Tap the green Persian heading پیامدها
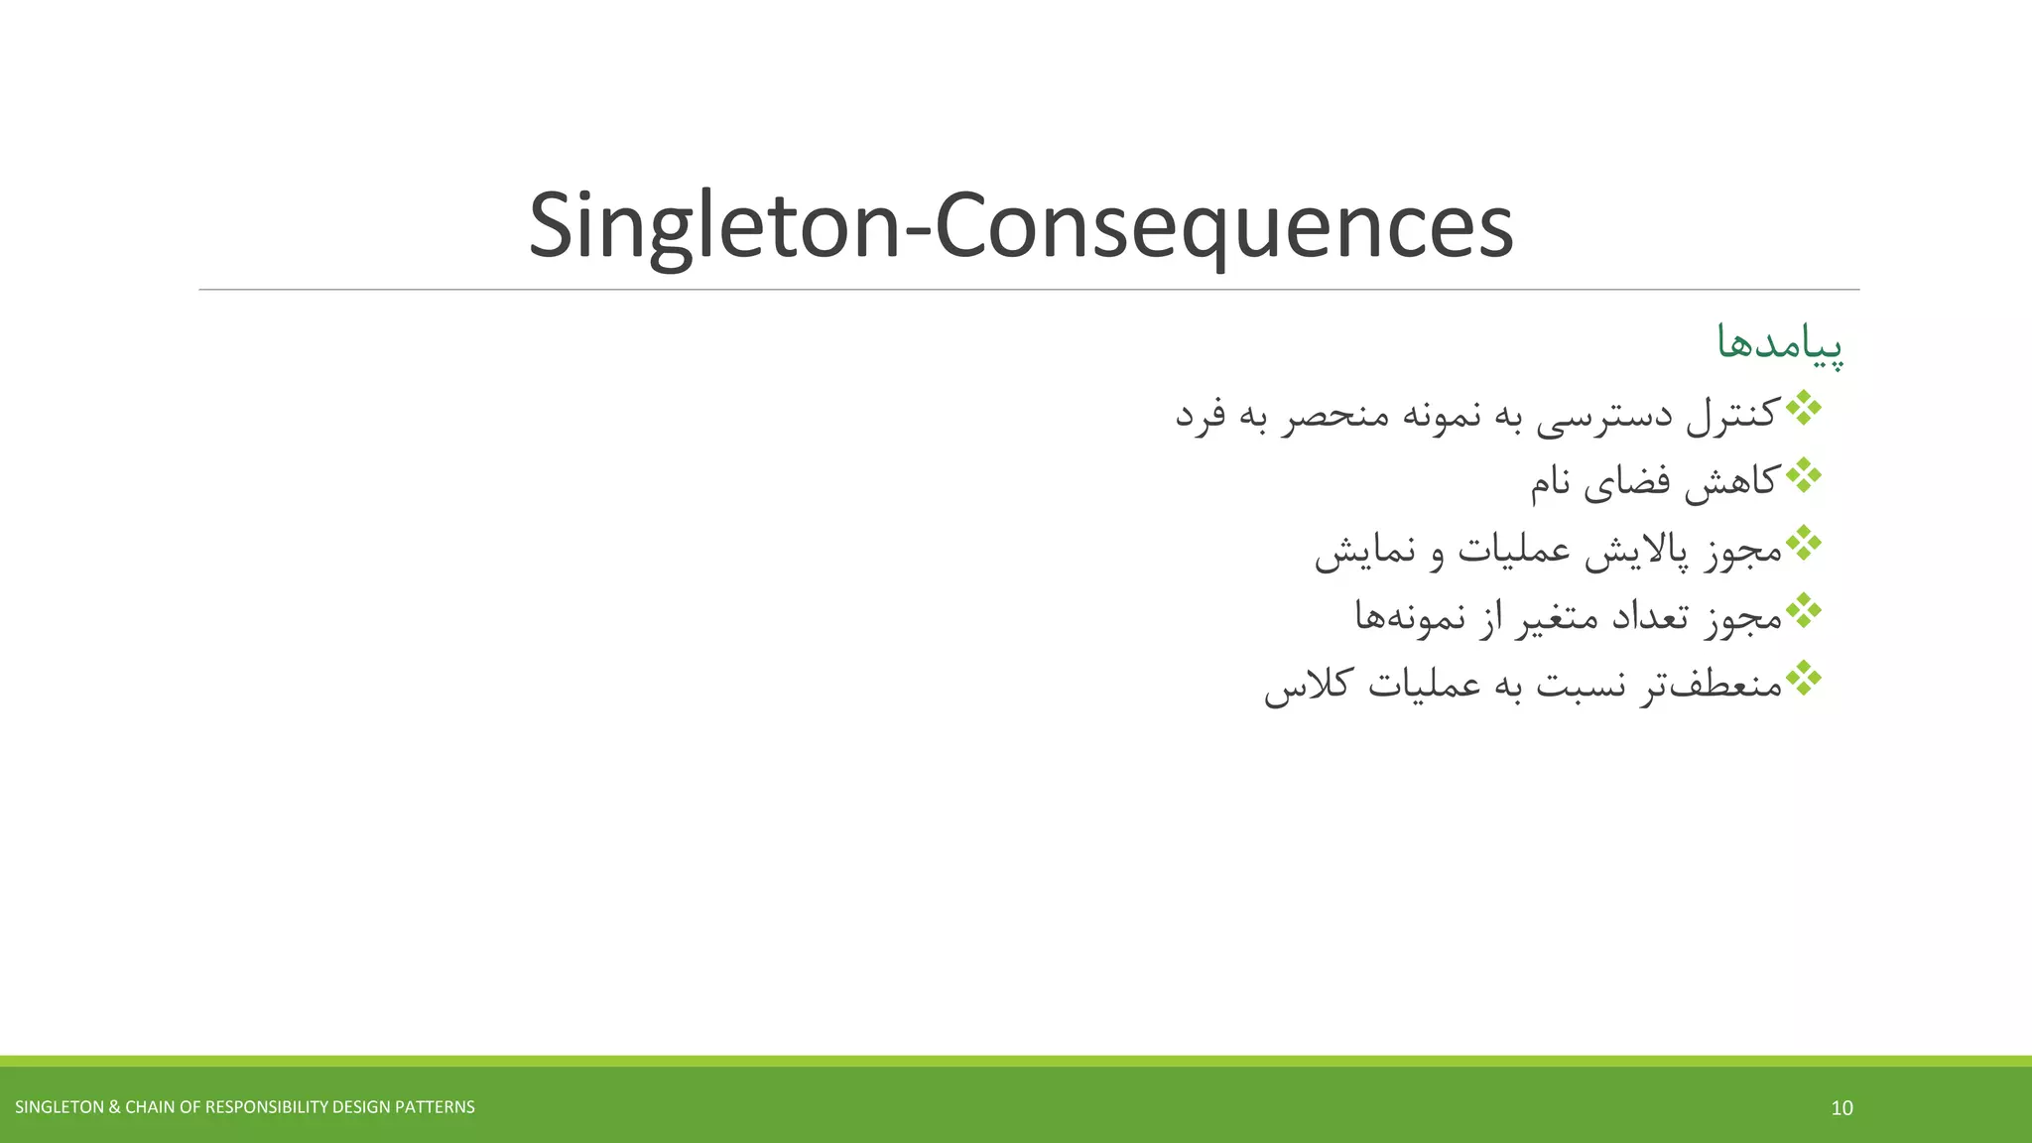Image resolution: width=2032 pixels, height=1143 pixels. [x=1780, y=343]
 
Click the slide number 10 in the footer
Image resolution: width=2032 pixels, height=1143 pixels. [x=1841, y=1108]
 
